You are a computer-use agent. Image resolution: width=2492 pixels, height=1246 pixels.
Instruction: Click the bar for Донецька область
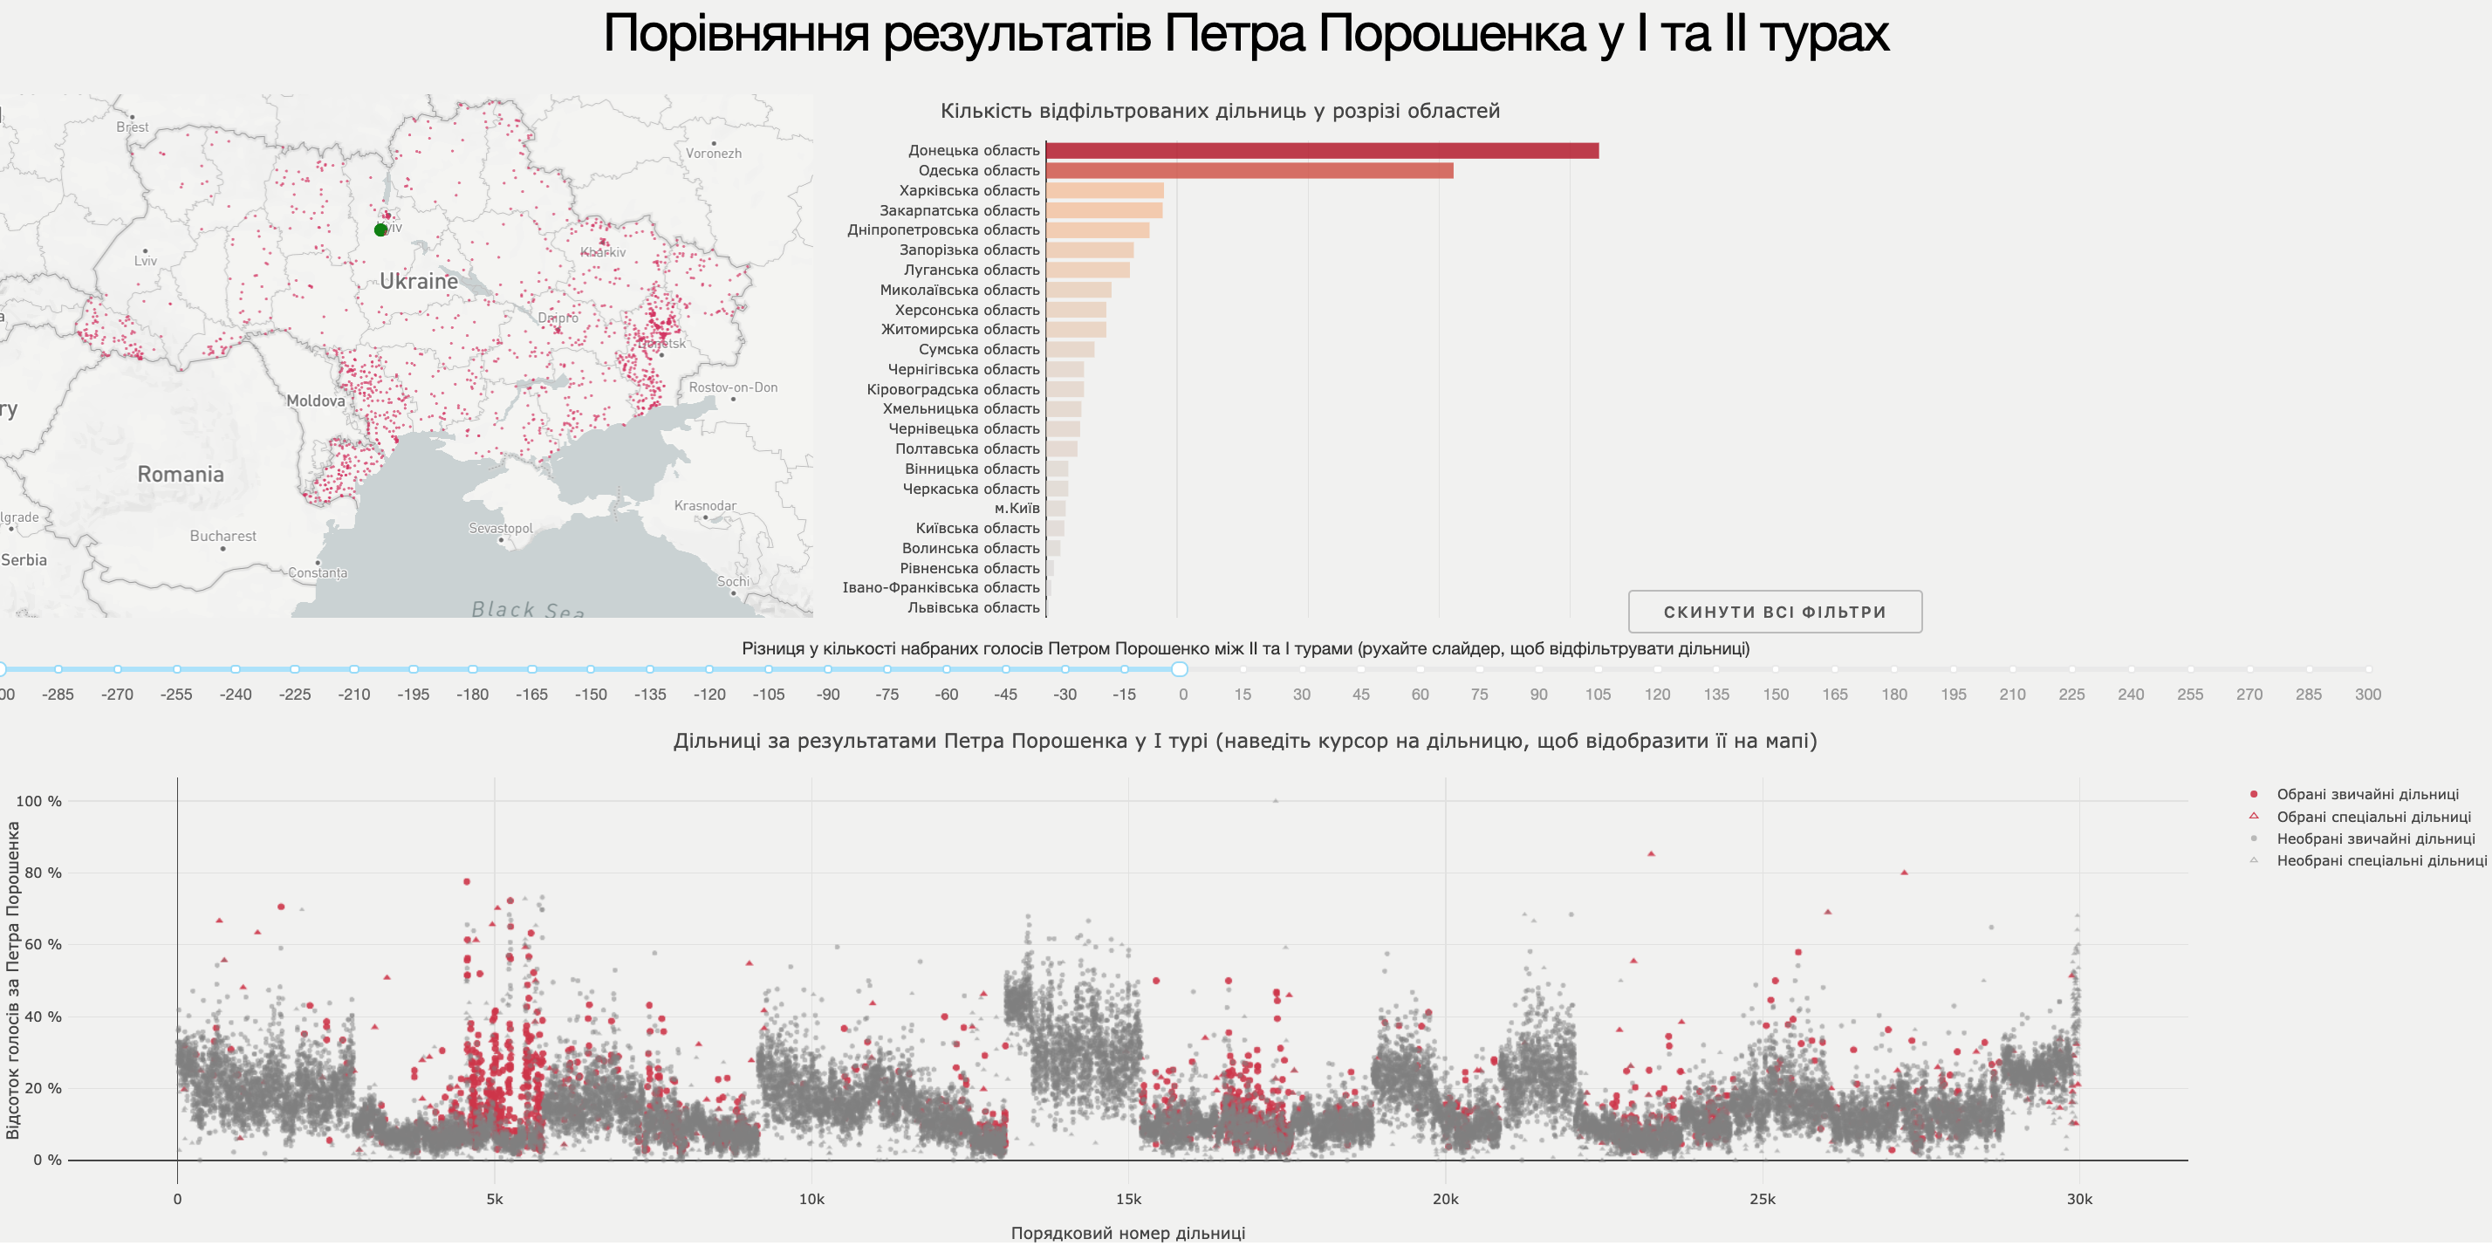[1321, 151]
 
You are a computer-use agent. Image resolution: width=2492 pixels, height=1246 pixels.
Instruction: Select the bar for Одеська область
[1249, 171]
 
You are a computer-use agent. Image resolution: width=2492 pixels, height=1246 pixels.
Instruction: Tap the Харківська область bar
[1105, 190]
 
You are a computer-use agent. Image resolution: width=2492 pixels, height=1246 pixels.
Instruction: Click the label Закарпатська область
[959, 211]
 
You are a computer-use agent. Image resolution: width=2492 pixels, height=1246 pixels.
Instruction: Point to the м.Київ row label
[1017, 509]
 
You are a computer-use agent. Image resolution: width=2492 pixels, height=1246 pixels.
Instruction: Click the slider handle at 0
[1180, 669]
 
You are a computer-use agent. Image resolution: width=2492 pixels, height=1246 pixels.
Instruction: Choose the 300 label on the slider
[2367, 695]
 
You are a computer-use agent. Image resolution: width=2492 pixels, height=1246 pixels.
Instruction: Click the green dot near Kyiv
[380, 230]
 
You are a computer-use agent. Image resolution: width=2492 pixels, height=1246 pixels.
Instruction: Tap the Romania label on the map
[181, 475]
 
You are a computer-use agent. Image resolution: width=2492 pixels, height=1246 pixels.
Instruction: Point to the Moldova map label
[315, 401]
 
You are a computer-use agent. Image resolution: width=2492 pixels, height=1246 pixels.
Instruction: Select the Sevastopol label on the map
[500, 529]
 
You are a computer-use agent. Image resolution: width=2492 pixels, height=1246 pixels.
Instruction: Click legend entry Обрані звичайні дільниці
[2366, 795]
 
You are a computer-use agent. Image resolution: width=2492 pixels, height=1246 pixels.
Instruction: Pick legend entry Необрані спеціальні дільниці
[2380, 861]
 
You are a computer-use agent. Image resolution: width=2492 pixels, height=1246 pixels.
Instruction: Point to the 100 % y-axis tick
[38, 802]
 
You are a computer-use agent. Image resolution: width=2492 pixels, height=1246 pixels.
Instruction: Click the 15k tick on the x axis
[1128, 1200]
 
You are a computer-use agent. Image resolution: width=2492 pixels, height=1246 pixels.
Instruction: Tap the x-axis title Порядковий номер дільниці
[1128, 1234]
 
